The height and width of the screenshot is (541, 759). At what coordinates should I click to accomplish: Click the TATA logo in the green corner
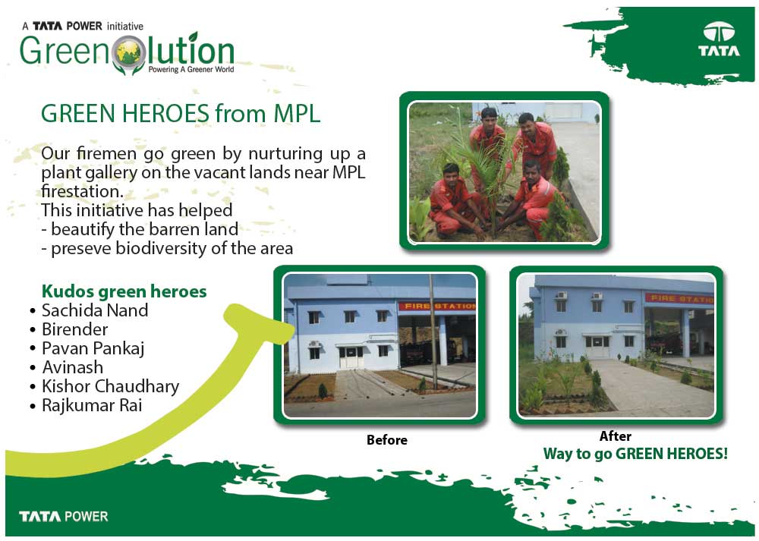[719, 39]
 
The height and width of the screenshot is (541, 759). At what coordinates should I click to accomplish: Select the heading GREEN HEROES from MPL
[181, 113]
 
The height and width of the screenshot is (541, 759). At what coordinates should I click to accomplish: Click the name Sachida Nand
[95, 310]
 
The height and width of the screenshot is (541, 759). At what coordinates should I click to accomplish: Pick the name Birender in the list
[74, 329]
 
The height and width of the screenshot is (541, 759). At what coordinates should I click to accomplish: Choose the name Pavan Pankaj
[93, 349]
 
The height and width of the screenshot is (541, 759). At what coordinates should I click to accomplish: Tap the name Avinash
[73, 367]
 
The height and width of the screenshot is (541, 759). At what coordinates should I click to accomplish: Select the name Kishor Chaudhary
[110, 387]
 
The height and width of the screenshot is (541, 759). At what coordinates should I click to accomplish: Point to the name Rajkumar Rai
[92, 405]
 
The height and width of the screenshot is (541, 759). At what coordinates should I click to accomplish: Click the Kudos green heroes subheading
[124, 292]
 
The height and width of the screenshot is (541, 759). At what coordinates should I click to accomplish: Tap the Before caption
[387, 440]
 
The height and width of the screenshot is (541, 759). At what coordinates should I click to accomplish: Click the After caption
[616, 436]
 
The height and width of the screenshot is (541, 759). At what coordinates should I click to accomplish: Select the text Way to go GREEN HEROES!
[635, 454]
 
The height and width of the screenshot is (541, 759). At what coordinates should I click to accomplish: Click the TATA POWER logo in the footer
[64, 516]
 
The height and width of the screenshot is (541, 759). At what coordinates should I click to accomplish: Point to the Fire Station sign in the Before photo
[437, 306]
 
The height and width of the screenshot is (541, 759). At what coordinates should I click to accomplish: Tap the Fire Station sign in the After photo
[679, 298]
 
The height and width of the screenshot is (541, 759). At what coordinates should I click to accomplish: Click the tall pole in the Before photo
[433, 332]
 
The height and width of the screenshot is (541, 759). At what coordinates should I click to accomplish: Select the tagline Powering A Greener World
[191, 69]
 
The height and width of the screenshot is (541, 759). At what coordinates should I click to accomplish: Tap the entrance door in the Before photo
[351, 357]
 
